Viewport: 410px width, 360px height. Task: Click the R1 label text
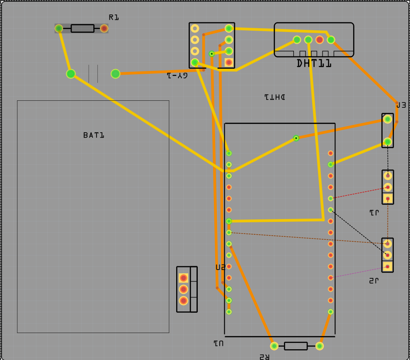(114, 17)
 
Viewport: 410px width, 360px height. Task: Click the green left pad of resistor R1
(59, 28)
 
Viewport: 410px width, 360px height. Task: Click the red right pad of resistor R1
(104, 28)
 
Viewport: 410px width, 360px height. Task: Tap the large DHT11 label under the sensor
(314, 63)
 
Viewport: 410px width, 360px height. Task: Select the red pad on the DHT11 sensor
(320, 40)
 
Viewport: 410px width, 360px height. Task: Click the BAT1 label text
(93, 135)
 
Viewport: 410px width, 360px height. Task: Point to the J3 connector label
(401, 105)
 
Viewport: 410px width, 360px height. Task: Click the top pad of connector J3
(388, 119)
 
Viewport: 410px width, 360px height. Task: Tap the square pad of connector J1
(388, 199)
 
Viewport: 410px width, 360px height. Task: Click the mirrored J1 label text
(374, 213)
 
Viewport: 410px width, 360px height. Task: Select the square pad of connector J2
(388, 266)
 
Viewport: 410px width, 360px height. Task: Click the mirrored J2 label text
(374, 281)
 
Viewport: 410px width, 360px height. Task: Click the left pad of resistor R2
(274, 346)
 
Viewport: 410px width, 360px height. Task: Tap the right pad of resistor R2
(319, 346)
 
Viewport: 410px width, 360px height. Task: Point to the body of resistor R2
(296, 346)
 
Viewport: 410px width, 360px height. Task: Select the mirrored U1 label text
(218, 343)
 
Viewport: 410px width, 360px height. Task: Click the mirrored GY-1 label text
(177, 75)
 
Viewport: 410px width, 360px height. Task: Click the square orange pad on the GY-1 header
(229, 62)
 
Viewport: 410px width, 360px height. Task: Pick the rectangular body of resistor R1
(82, 28)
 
